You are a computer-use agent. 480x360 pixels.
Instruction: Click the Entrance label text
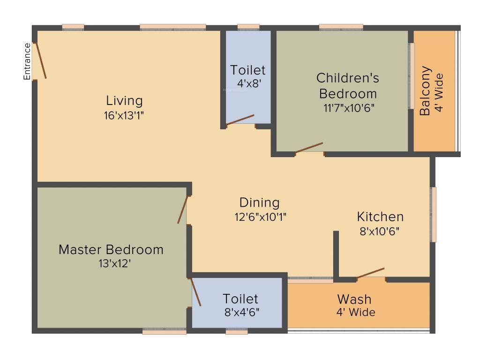pos(27,61)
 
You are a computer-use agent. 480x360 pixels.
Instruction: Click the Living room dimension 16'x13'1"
pos(124,115)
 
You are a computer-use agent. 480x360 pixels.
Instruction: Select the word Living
pos(124,101)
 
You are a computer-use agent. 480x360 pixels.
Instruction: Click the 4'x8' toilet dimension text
pos(248,84)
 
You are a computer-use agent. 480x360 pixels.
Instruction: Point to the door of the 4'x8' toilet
pos(240,120)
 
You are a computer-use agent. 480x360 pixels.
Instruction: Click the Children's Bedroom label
pos(348,85)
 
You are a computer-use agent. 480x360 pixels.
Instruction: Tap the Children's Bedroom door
pos(309,147)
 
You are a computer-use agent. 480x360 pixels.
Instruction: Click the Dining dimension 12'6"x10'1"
pos(260,217)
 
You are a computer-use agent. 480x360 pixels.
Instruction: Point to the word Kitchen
pos(380,217)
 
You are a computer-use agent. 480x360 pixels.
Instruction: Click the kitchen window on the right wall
pos(434,214)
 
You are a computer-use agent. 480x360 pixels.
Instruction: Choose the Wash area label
pos(354,299)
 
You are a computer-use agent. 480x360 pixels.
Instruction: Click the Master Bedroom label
pos(111,249)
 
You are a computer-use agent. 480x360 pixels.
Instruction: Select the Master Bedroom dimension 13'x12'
pos(111,264)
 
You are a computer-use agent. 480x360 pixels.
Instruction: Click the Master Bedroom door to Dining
pos(183,210)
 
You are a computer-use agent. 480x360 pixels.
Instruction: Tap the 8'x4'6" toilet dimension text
pos(240,312)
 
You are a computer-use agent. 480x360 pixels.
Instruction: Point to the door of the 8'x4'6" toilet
pos(195,292)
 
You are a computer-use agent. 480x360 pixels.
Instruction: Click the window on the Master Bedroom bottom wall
pos(164,331)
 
